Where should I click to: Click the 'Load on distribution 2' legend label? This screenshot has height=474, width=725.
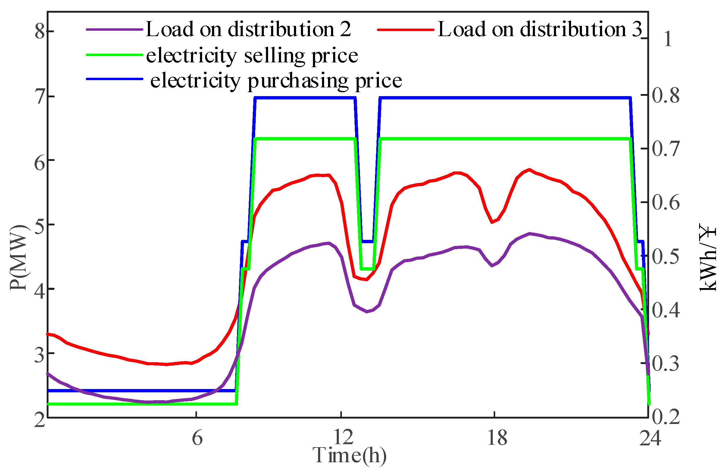[248, 30]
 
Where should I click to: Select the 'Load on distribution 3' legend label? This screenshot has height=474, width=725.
[540, 30]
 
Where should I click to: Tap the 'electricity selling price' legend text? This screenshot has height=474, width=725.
[252, 55]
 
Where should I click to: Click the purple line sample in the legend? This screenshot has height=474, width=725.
[114, 30]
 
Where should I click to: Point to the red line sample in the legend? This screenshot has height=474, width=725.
[406, 30]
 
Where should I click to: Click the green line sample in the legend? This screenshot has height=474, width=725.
[114, 55]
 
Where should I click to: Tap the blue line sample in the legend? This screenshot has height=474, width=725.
[114, 79]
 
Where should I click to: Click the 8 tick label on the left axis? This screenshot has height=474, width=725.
[40, 31]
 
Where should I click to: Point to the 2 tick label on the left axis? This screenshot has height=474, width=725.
[40, 421]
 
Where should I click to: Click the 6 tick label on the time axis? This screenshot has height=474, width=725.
[197, 438]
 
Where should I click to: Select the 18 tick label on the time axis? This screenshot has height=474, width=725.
[497, 438]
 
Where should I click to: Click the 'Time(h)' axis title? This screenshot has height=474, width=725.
[349, 455]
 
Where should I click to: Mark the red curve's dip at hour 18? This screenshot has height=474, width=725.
[492, 222]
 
